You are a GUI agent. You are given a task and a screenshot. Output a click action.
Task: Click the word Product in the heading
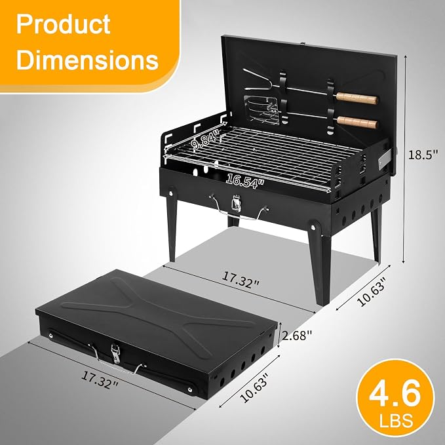point(63,24)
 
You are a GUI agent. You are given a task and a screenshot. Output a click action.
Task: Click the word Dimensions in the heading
point(87,60)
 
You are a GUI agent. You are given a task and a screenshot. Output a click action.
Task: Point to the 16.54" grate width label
point(245,181)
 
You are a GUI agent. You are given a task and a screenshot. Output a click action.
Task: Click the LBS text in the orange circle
point(397,420)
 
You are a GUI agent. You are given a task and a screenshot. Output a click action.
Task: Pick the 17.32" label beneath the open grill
point(241,280)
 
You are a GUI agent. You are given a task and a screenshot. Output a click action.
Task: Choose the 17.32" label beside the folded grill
point(100,379)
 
